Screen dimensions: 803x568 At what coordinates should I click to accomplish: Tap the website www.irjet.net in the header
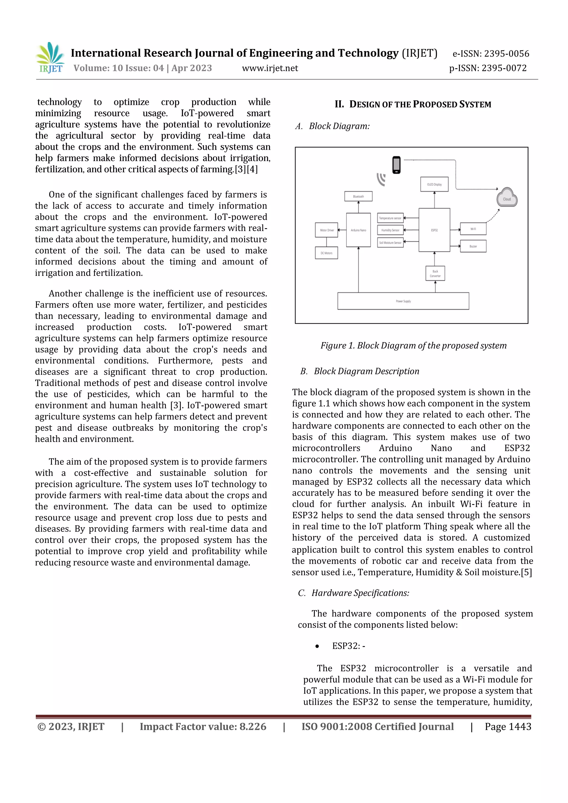tap(270, 68)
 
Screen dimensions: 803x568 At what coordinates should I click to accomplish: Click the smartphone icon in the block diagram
tap(396, 165)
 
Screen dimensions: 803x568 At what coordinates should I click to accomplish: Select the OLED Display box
tap(434, 184)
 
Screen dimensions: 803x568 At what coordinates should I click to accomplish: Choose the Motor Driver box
tap(327, 230)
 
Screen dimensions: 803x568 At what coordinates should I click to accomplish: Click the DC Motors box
tap(326, 253)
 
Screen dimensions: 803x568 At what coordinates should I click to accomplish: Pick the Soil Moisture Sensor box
tap(390, 242)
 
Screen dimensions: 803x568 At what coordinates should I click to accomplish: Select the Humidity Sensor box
tap(390, 230)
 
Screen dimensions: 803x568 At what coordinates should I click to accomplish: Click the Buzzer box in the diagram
tap(473, 246)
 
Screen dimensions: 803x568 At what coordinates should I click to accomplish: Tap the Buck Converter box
tap(435, 273)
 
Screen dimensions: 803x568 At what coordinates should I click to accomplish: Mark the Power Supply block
tap(403, 301)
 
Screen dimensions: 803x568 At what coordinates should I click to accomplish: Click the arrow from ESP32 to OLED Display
tap(434, 200)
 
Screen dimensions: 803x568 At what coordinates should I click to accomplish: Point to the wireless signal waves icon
tap(382, 179)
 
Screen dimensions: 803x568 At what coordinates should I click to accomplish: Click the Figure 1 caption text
tap(414, 345)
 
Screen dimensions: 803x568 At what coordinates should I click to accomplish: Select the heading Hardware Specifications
tap(360, 593)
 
